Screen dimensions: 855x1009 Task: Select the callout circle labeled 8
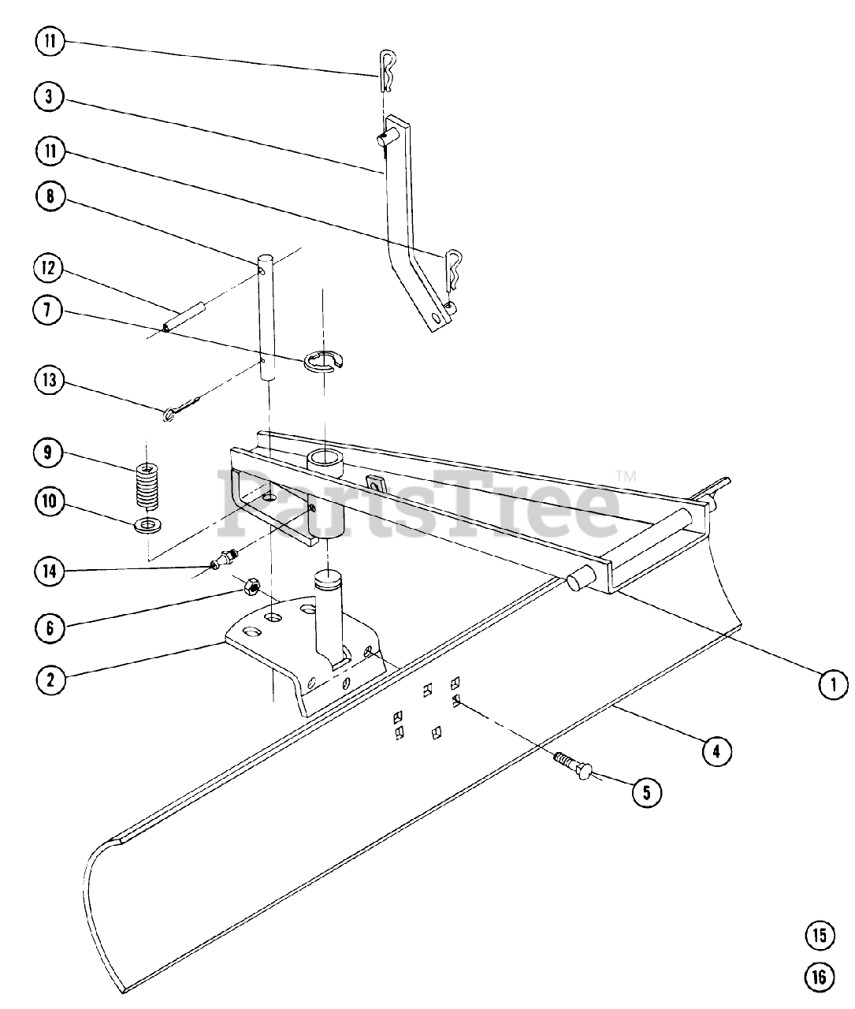tap(50, 196)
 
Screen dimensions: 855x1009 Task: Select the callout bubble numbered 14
tap(50, 570)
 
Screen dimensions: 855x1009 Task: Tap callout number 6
tap(50, 627)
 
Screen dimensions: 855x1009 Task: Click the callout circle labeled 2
tap(50, 679)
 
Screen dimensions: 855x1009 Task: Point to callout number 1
tap(832, 684)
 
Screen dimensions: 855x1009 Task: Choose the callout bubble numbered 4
tap(716, 751)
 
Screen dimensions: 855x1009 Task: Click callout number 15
tap(819, 936)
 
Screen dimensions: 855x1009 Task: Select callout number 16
tap(819, 977)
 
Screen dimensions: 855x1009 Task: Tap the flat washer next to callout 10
tap(146, 526)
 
